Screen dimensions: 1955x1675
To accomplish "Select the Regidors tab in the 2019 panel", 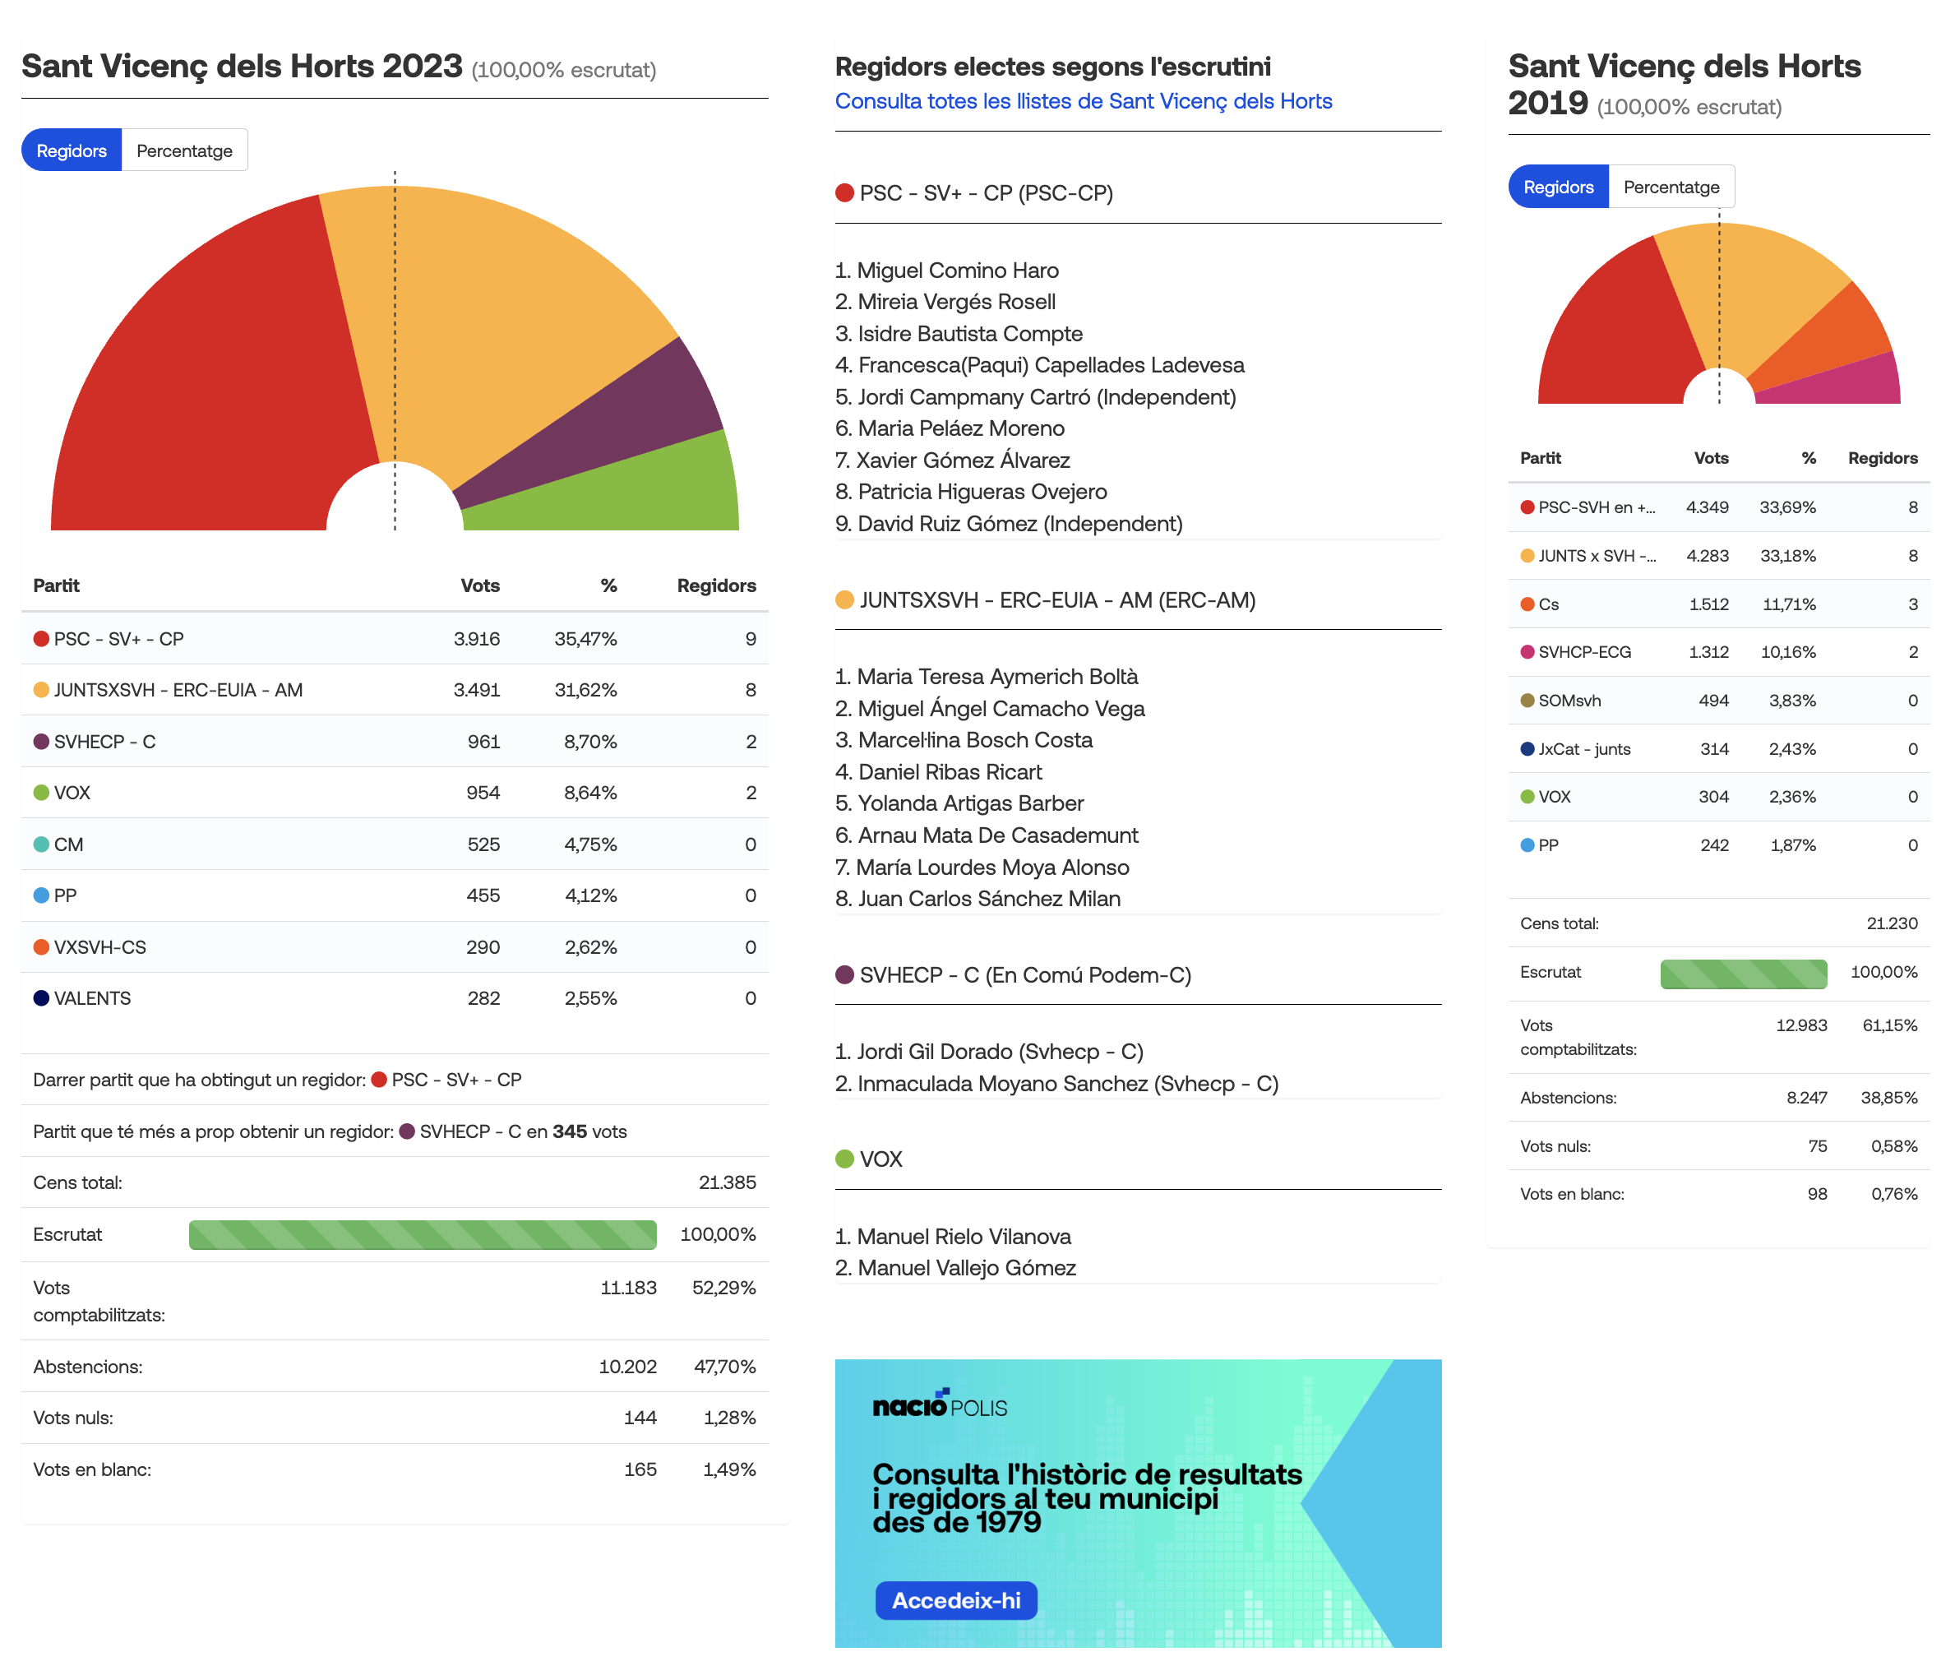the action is (x=1558, y=187).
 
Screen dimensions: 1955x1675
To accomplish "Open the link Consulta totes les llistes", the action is (x=1084, y=101).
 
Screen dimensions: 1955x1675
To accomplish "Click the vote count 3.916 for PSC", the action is (x=477, y=639).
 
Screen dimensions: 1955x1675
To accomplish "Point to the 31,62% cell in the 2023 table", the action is (x=585, y=690).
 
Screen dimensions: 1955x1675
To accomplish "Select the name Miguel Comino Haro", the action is (x=958, y=271).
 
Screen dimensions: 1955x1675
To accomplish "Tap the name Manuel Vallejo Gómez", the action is (x=966, y=1268).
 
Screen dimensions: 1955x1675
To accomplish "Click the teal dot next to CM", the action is (x=41, y=844).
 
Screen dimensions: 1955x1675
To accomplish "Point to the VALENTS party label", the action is (x=92, y=998).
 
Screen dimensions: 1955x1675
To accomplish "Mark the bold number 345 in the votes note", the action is (x=569, y=1131).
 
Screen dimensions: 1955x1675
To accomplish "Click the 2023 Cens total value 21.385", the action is (x=728, y=1182).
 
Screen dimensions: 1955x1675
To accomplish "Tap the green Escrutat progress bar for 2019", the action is (x=1744, y=974).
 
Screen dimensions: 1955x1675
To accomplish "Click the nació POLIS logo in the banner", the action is (x=940, y=1404).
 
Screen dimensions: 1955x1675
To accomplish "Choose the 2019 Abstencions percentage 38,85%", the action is (x=1889, y=1098).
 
